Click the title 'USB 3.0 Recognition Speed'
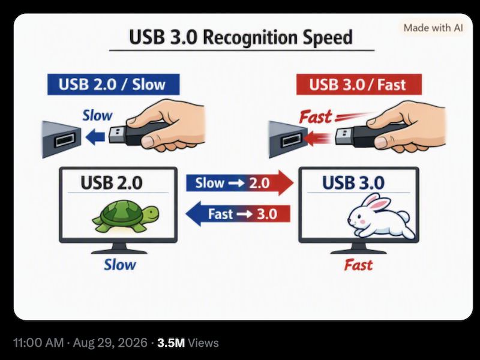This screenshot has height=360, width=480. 241,37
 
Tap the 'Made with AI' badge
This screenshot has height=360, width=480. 433,28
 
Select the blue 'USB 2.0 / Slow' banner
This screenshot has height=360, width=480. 113,85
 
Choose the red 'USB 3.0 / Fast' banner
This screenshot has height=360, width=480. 359,85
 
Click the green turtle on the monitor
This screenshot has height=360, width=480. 126,216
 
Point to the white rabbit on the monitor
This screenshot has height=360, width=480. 381,216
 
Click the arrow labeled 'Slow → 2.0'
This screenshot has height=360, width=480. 239,183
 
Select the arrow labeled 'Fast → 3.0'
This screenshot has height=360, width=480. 238,214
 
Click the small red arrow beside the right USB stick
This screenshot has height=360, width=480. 317,138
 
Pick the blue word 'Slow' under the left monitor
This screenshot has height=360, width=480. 119,265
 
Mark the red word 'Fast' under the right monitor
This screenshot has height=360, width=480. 358,265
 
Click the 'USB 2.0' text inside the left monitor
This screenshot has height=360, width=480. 112,183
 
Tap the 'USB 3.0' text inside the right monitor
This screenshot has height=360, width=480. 353,183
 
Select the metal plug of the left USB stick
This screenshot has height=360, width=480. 117,135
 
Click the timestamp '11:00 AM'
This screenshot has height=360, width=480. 38,343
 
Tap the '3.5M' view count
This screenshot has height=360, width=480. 171,343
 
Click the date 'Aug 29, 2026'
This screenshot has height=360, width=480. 110,343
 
